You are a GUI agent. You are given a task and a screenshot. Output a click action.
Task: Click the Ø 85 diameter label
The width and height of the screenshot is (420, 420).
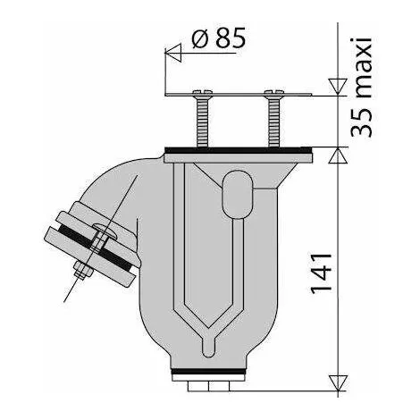(x=214, y=39)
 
